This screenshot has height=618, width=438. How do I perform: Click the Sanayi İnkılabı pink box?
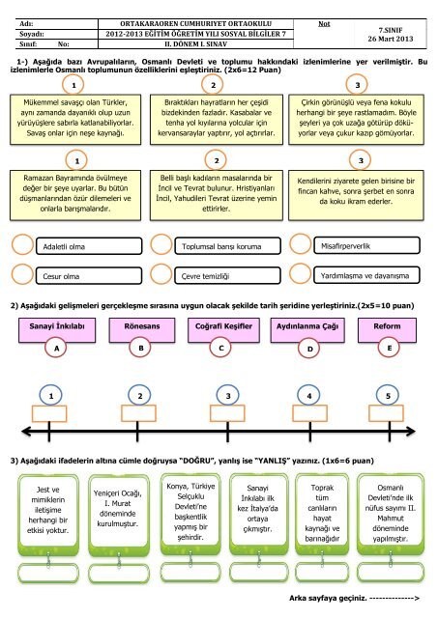point(57,330)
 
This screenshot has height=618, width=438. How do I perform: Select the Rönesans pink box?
point(142,330)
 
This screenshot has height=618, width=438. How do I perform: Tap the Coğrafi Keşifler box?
point(223,330)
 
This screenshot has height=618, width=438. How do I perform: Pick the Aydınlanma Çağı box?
point(307,330)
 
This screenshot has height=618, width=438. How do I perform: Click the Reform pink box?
point(387,330)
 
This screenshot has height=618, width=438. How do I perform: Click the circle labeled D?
point(309,349)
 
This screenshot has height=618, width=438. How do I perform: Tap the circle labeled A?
point(57,349)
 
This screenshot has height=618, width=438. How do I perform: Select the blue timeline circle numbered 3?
point(227,395)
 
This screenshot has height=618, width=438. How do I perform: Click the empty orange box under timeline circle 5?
point(386,413)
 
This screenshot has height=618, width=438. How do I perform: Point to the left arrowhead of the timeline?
point(26,432)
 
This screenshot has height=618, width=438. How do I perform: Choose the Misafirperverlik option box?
point(366,246)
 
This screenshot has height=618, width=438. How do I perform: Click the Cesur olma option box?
point(89,276)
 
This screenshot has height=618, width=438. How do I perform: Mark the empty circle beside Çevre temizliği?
point(161,274)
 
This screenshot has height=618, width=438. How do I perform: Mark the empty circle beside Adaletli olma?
point(22,244)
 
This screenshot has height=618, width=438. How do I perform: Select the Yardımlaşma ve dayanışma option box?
point(366,275)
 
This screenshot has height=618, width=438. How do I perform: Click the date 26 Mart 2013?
point(391,39)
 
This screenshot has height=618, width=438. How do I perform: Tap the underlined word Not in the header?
point(324,23)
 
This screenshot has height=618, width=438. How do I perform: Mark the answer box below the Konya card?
point(190,573)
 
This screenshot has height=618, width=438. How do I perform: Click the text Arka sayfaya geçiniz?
point(328,598)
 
